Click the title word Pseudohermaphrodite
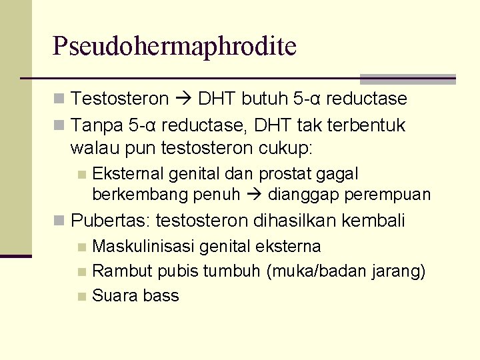coord(175,46)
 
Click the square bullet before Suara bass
coord(82,296)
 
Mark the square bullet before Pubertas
coord(60,220)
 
